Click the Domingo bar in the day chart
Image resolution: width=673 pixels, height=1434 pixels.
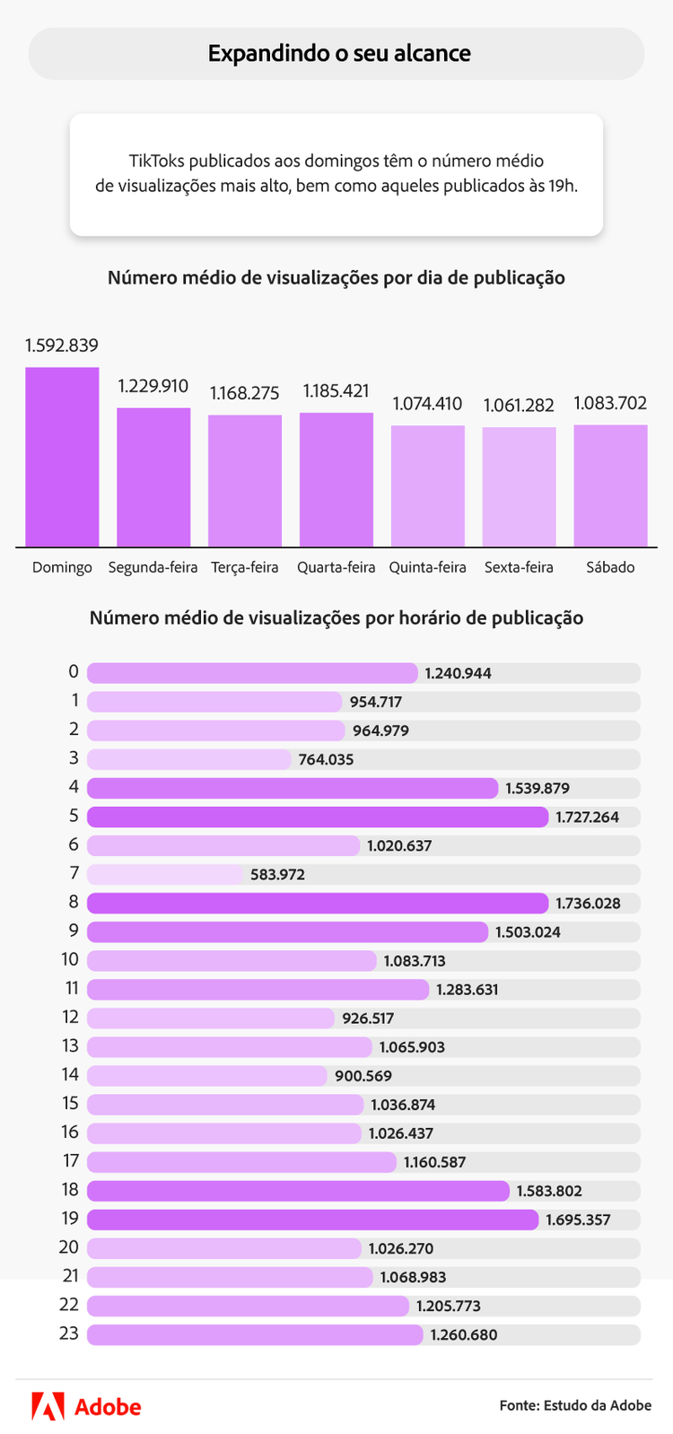tap(62, 457)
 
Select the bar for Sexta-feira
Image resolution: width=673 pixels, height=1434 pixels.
tap(519, 486)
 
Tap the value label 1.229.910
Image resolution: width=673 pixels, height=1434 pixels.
tap(153, 386)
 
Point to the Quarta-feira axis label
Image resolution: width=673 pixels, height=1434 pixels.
tap(336, 567)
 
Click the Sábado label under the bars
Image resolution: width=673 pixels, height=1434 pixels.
tap(610, 567)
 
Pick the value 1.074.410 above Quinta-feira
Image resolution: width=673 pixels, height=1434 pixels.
tap(427, 404)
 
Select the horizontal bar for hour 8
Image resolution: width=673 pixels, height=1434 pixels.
tap(318, 903)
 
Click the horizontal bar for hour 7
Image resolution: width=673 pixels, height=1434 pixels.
tap(165, 874)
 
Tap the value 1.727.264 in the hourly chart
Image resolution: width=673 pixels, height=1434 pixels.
tap(587, 818)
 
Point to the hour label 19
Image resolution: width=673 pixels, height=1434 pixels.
tap(70, 1219)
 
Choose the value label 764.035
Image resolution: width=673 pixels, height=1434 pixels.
tap(326, 760)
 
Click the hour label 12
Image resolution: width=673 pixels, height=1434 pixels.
tap(70, 1018)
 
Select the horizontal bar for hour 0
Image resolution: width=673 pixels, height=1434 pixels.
tap(252, 673)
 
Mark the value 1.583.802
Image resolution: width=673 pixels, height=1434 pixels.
tap(549, 1192)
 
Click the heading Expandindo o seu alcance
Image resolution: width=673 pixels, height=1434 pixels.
tap(339, 54)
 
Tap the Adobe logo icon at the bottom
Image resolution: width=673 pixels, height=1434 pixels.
tap(48, 1406)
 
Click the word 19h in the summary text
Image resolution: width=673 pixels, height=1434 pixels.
tap(563, 186)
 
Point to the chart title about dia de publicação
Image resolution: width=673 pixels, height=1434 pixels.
tap(336, 278)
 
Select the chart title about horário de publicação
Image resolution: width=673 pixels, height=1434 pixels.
tap(336, 618)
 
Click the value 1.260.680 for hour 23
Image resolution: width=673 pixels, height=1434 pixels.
tap(463, 1335)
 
